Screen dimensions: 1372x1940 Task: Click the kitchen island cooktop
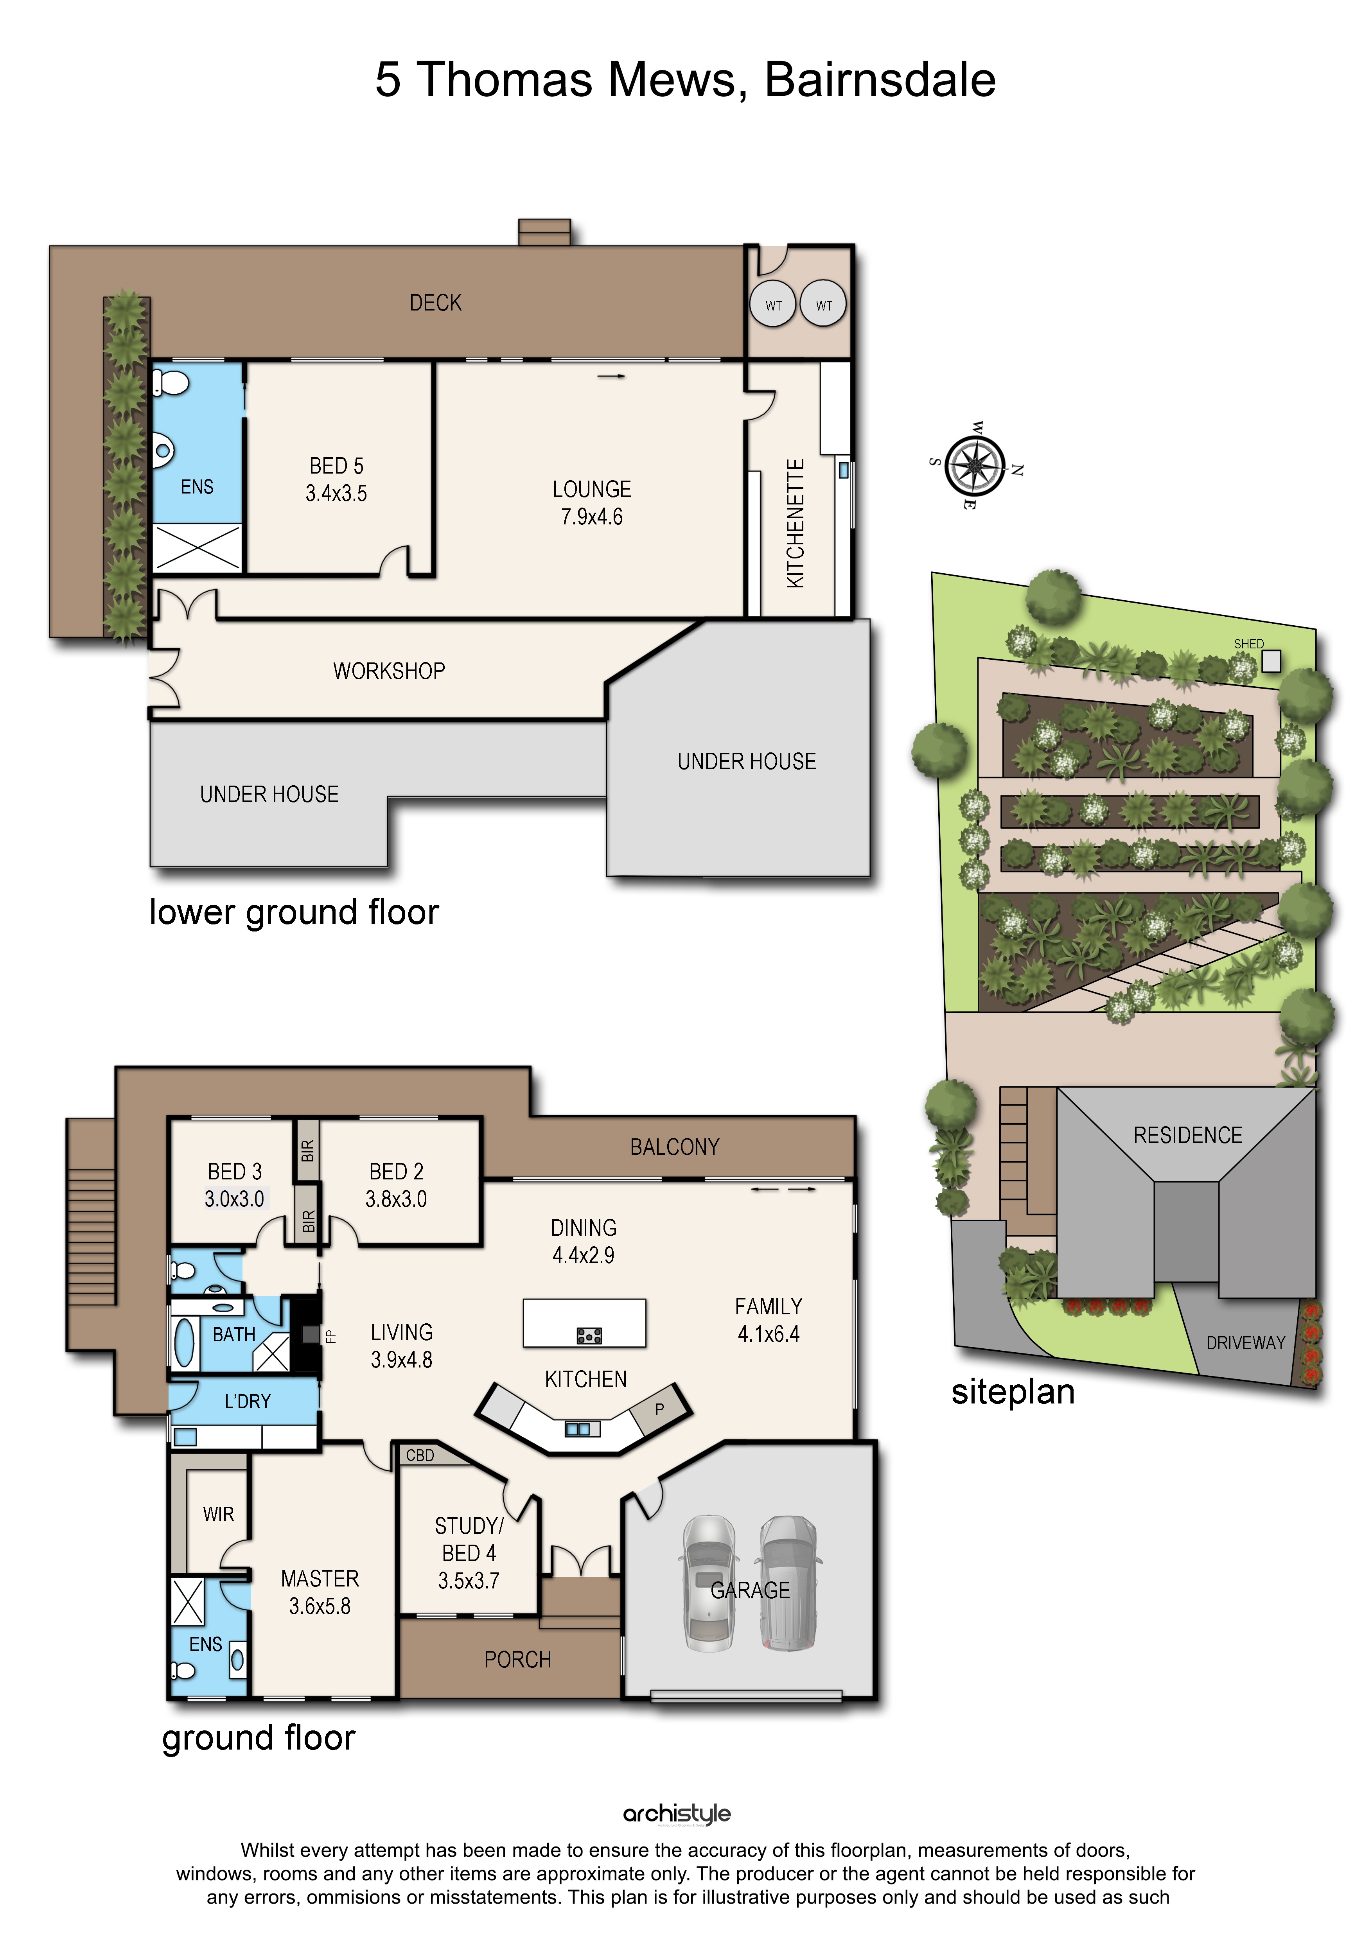pyautogui.click(x=589, y=1335)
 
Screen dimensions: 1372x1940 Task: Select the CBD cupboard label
pyautogui.click(x=420, y=1455)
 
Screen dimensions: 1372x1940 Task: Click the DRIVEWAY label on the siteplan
pyautogui.click(x=1245, y=1342)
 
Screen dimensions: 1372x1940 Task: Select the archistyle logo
pyautogui.click(x=677, y=1814)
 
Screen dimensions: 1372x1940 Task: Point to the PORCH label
pyautogui.click(x=518, y=1660)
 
